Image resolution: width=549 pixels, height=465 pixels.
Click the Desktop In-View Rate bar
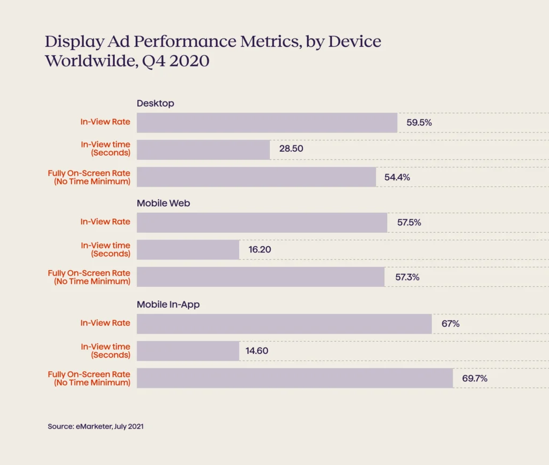pyautogui.click(x=267, y=123)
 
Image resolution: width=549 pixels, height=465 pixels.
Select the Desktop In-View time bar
pyautogui.click(x=203, y=150)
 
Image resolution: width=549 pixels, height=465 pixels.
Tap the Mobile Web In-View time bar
pyautogui.click(x=188, y=249)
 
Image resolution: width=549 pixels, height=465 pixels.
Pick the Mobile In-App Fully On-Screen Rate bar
pyautogui.click(x=295, y=378)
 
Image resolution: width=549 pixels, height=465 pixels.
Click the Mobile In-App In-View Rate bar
pyautogui.click(x=284, y=324)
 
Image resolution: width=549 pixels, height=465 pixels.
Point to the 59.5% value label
pyautogui.click(x=419, y=123)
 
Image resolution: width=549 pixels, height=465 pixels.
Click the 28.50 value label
pyautogui.click(x=291, y=149)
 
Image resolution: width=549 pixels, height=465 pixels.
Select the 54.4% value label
pyautogui.click(x=397, y=177)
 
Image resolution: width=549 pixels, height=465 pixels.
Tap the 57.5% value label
pyautogui.click(x=409, y=223)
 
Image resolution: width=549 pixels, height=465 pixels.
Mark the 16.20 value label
pyautogui.click(x=260, y=249)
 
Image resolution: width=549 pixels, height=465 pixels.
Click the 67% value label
pyautogui.click(x=450, y=324)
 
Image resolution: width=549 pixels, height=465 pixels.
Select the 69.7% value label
pyautogui.click(x=474, y=378)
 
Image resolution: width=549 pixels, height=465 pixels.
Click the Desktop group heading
pyautogui.click(x=155, y=104)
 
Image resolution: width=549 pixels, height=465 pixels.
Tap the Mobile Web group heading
pyautogui.click(x=163, y=203)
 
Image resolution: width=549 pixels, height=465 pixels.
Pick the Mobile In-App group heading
pyautogui.click(x=168, y=305)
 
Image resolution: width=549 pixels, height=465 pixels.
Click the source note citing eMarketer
pyautogui.click(x=95, y=427)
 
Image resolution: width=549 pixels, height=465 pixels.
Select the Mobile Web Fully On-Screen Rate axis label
pyautogui.click(x=89, y=277)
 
